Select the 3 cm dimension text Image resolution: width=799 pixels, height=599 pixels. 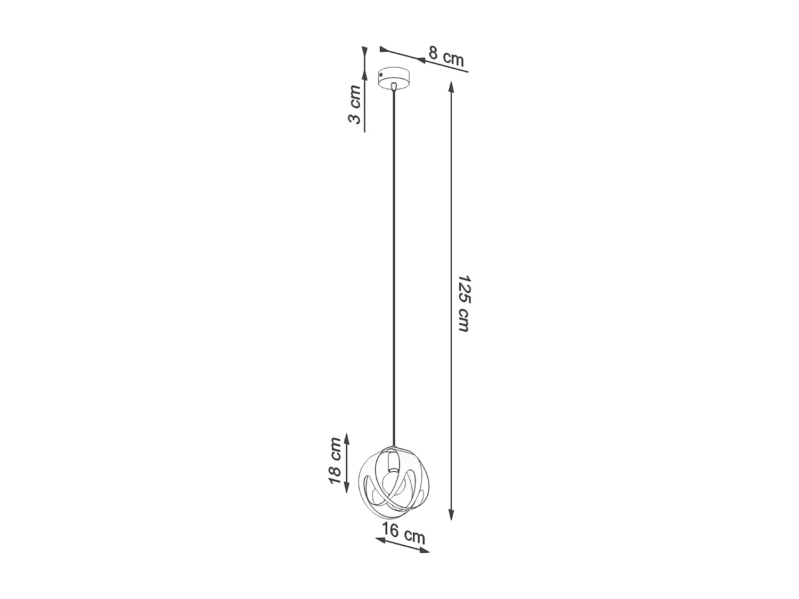coord(355,104)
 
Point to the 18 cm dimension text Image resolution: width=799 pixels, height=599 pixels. coord(335,461)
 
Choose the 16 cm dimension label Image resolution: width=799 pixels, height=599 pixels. coord(403,533)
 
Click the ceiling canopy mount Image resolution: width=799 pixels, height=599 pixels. coord(394,78)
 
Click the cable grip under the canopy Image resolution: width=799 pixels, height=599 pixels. coord(394,87)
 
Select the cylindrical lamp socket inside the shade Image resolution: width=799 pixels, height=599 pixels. coord(394,461)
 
